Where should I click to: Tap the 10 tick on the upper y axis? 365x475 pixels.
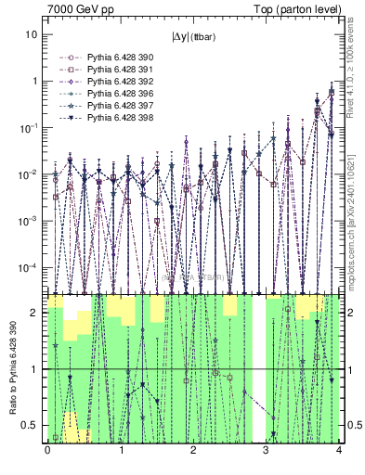pos(32,34)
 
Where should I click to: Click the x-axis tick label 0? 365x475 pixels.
pos(47,449)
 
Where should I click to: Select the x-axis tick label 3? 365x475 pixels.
pos(266,449)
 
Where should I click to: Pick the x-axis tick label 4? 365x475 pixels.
pos(338,449)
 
